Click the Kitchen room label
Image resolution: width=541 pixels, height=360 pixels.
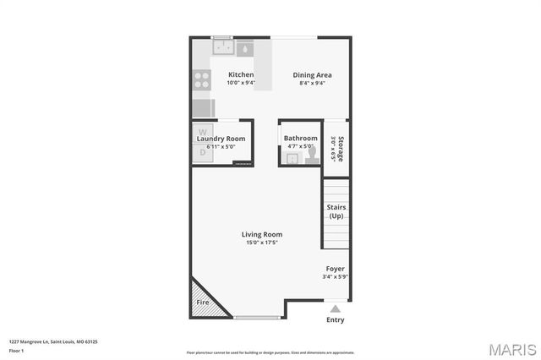[241, 74]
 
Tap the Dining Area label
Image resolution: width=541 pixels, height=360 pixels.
[312, 74]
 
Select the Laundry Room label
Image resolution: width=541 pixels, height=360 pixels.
[221, 138]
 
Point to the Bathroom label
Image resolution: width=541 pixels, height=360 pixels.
[300, 138]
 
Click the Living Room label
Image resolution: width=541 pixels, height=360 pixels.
[262, 234]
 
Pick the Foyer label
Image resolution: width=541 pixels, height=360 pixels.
[336, 268]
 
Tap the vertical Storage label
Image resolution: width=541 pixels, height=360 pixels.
[341, 149]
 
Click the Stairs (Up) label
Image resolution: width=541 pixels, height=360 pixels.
[336, 211]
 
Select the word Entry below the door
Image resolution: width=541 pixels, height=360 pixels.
[336, 319]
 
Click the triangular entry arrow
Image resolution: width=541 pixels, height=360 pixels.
[336, 308]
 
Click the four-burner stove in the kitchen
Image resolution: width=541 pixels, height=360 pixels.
[202, 79]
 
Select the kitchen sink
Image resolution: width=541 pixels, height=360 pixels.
[243, 46]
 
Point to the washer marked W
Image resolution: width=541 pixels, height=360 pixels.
[202, 133]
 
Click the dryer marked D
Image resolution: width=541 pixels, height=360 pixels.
[202, 152]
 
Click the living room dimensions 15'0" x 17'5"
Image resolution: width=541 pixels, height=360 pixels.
[262, 243]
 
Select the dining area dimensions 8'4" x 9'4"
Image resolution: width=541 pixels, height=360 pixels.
[312, 83]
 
